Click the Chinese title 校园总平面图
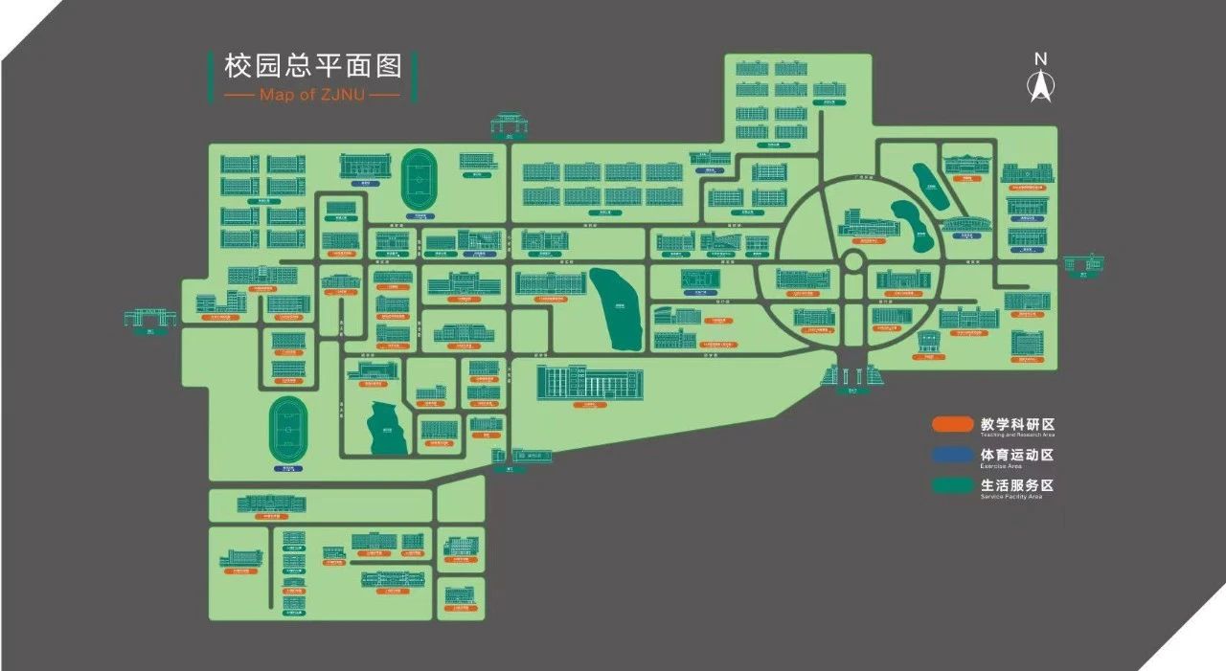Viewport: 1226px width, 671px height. pyautogui.click(x=312, y=66)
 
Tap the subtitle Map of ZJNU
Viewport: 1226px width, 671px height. pyautogui.click(x=312, y=96)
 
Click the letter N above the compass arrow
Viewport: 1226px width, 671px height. pyautogui.click(x=1040, y=59)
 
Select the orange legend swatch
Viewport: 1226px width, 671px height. pyautogui.click(x=952, y=423)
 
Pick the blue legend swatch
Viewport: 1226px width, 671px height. pyautogui.click(x=952, y=455)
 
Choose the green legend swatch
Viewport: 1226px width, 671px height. pyautogui.click(x=952, y=485)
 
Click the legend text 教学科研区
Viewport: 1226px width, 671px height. pyautogui.click(x=1017, y=423)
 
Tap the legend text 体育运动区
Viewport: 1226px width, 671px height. pyautogui.click(x=1017, y=454)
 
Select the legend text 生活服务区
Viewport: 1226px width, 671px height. pyautogui.click(x=1017, y=484)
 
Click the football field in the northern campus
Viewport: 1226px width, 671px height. pyautogui.click(x=419, y=178)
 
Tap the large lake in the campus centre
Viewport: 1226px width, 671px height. pyautogui.click(x=617, y=308)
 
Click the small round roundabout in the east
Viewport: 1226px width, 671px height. pyautogui.click(x=854, y=261)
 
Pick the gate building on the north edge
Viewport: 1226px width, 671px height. pyautogui.click(x=508, y=123)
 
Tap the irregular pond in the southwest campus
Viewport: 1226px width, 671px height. pyautogui.click(x=387, y=427)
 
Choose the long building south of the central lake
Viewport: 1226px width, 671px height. pyautogui.click(x=589, y=383)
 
